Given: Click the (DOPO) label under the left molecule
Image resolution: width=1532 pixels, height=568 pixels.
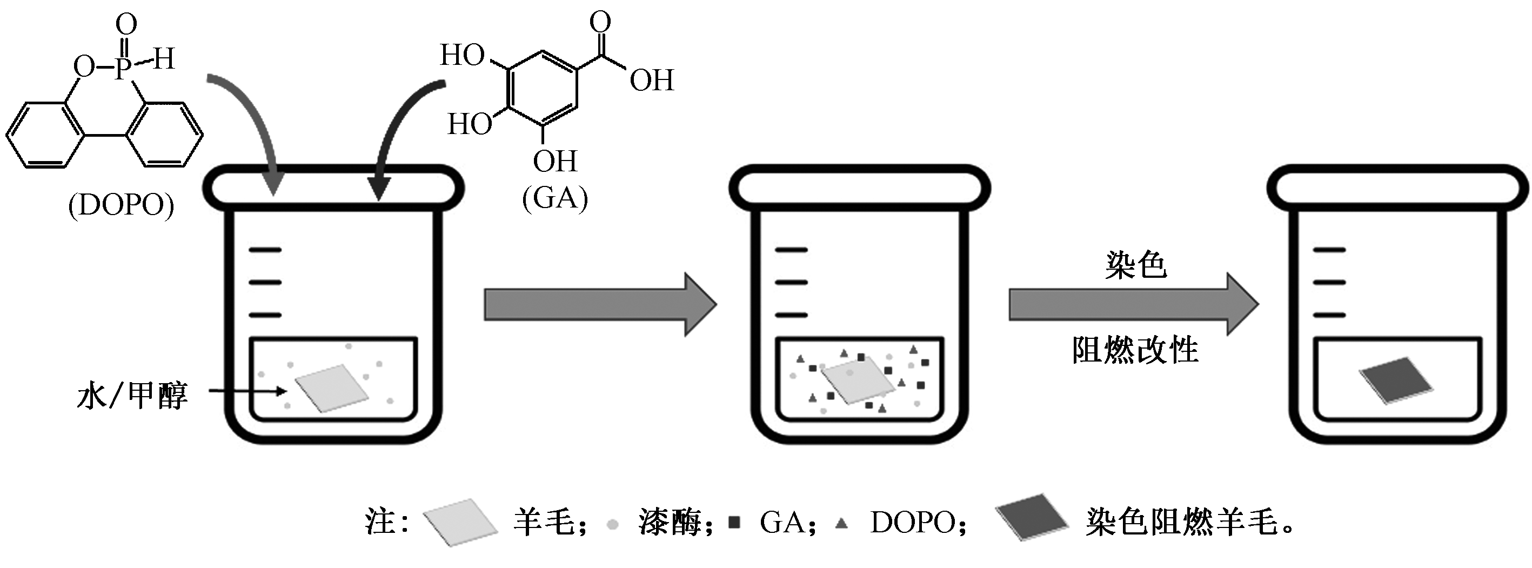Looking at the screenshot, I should pos(122,206).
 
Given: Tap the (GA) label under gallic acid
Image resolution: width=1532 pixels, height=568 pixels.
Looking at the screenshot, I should pos(555,197).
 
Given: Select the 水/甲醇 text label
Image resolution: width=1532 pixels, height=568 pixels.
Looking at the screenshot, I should pos(132,396).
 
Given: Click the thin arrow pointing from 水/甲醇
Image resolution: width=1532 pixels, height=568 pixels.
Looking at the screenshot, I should pos(247,391).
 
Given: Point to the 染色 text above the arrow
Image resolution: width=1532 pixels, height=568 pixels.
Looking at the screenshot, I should pos(1136,265).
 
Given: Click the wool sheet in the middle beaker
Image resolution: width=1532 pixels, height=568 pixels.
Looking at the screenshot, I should pos(858,382).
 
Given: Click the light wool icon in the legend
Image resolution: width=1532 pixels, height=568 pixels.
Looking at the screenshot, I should pos(460,522).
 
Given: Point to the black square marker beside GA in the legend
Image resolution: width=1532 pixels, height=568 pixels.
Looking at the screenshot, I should pos(735,523).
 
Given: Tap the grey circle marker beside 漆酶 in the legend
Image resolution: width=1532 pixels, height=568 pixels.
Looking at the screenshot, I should pos(613,525).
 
